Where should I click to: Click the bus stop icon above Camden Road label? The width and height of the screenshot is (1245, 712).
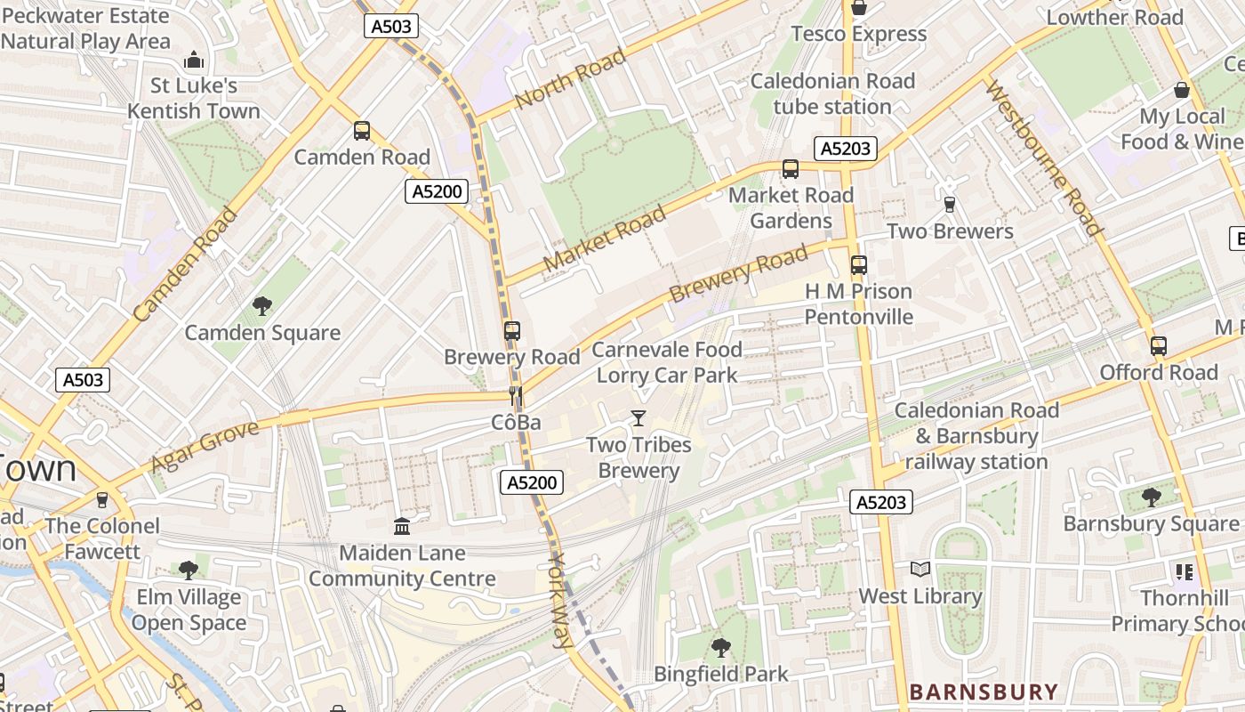click(361, 131)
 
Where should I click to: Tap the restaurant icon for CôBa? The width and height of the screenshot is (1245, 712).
click(515, 395)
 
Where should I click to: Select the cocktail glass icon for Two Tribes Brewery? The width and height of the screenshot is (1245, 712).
click(638, 417)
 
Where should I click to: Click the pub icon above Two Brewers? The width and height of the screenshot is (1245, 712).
click(949, 204)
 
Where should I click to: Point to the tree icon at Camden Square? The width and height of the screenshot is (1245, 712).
click(262, 306)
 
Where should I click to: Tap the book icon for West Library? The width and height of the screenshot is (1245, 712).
click(920, 569)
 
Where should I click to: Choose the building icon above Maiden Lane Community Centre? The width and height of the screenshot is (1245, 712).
click(402, 526)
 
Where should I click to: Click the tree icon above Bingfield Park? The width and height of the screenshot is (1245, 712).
click(720, 647)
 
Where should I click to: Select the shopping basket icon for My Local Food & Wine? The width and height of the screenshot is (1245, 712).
click(1181, 90)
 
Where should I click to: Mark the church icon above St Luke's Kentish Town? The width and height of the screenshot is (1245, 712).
click(193, 61)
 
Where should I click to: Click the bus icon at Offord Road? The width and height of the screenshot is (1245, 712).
click(1158, 346)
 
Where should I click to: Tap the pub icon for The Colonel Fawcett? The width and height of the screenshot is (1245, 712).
click(102, 499)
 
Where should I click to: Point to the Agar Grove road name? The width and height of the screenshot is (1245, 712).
click(205, 446)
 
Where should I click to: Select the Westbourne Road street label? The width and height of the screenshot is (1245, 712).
click(1044, 158)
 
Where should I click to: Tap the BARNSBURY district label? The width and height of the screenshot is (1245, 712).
click(984, 692)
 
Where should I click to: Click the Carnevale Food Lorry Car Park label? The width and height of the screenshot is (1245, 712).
click(667, 362)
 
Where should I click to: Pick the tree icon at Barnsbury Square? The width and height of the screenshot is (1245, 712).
click(1151, 497)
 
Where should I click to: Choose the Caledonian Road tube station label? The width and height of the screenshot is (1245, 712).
click(831, 93)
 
